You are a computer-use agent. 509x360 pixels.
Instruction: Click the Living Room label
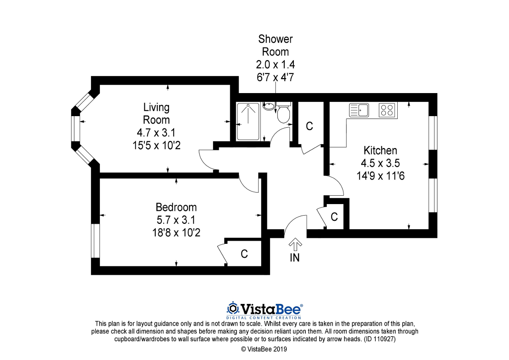coord(156,113)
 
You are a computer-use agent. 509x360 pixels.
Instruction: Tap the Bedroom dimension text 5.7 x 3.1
coord(176,220)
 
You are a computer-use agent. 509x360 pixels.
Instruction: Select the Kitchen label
coord(380,150)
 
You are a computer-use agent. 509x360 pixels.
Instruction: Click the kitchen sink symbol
coord(359,110)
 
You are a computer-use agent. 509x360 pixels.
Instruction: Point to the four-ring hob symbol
coord(387,110)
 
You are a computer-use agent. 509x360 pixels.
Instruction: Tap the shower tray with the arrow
coord(248,121)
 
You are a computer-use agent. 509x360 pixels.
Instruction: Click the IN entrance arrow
coord(295,244)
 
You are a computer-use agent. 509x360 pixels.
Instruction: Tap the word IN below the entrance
coord(295,258)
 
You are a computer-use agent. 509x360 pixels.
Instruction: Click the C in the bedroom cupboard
coord(244,254)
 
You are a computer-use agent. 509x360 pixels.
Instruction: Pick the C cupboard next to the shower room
coord(309,126)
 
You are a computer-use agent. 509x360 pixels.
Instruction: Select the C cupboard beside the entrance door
coord(334,217)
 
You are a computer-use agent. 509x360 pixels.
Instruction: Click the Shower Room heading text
coord(275,45)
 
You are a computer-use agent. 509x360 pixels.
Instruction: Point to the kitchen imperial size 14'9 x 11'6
coord(380,175)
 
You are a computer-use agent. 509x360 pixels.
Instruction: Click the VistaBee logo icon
coord(232,309)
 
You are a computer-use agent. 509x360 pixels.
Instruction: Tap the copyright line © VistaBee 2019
coord(264,349)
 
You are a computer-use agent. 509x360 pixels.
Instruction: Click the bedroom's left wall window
coord(95,241)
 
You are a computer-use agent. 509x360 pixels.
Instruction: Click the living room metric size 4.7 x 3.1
coord(156,132)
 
